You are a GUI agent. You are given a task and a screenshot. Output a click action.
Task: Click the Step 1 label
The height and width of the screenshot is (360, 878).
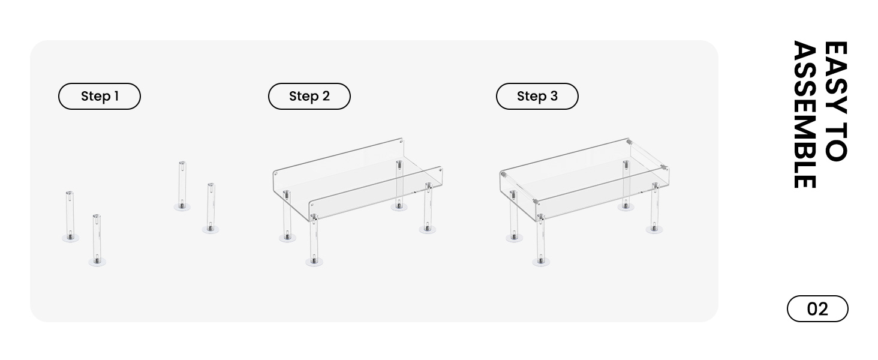click(99, 96)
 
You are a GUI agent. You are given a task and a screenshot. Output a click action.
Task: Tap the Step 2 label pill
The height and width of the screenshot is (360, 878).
click(309, 96)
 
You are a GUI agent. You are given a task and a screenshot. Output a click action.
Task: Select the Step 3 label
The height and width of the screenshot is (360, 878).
click(537, 96)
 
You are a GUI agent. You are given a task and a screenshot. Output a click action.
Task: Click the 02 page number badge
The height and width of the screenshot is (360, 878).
click(817, 309)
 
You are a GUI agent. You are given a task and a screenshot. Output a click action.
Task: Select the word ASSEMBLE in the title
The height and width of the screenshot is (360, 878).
click(804, 114)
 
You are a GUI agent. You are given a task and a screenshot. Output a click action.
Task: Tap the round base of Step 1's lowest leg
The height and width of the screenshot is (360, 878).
click(97, 262)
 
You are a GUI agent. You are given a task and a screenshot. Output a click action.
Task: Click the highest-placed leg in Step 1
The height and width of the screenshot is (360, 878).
click(182, 184)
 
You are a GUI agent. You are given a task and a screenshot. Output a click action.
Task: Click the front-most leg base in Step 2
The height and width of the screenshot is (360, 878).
click(313, 262)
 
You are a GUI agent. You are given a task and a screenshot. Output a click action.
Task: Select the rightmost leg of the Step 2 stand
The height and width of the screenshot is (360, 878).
click(428, 207)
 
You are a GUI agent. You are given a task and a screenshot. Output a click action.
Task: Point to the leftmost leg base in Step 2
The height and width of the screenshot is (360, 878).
click(287, 238)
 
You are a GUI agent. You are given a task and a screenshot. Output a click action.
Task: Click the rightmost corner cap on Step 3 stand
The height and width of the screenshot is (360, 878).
click(663, 167)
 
